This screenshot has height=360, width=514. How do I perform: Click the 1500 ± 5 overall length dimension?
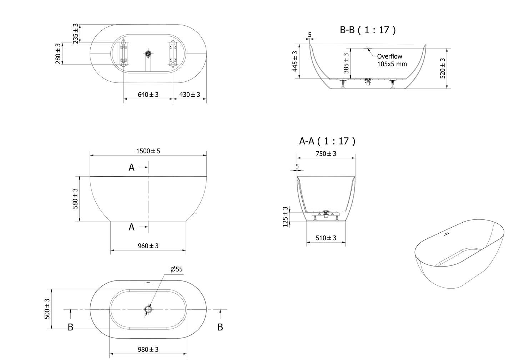[x=148, y=151]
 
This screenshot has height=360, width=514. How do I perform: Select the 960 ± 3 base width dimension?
[x=148, y=246]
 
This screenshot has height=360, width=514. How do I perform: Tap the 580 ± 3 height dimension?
[x=76, y=199]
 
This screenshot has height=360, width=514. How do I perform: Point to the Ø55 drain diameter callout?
[x=176, y=269]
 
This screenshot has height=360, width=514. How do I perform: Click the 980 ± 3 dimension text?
[x=148, y=349]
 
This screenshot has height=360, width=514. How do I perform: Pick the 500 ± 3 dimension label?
[x=47, y=309]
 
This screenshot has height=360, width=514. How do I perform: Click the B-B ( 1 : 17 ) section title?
[x=368, y=30]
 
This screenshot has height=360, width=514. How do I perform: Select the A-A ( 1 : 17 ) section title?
[x=327, y=141]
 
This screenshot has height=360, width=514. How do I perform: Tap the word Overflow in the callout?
[x=390, y=56]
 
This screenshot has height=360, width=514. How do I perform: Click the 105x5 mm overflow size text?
[x=392, y=64]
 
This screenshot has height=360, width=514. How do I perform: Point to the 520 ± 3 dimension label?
[x=443, y=69]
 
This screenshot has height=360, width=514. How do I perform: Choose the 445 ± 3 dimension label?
[x=295, y=61]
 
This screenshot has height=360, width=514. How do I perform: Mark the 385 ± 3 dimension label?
[x=346, y=63]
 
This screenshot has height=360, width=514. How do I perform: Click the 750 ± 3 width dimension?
[x=326, y=154]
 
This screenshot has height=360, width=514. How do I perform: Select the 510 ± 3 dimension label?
[x=326, y=238]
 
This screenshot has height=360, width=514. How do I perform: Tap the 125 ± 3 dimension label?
[x=285, y=217]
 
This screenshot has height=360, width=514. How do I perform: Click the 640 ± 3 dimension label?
[x=148, y=95]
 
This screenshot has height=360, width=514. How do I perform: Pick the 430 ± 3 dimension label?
[x=190, y=95]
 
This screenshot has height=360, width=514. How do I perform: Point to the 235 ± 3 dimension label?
[x=76, y=34]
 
